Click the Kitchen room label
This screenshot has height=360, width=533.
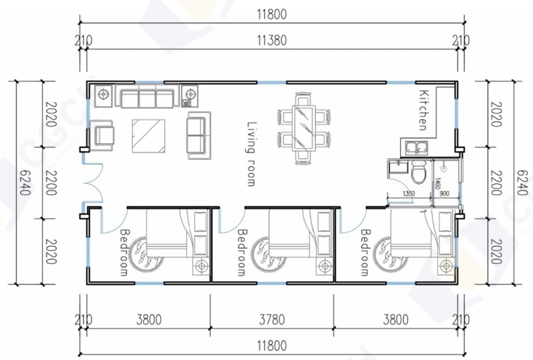point(423,110)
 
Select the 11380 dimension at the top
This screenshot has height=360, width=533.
point(272,40)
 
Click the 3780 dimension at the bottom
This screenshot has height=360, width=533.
point(271,320)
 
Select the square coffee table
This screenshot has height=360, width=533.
point(149,136)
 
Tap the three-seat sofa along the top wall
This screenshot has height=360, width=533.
point(147,97)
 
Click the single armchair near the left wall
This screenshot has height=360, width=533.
point(104,134)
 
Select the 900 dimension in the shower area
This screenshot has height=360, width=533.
point(445,194)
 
